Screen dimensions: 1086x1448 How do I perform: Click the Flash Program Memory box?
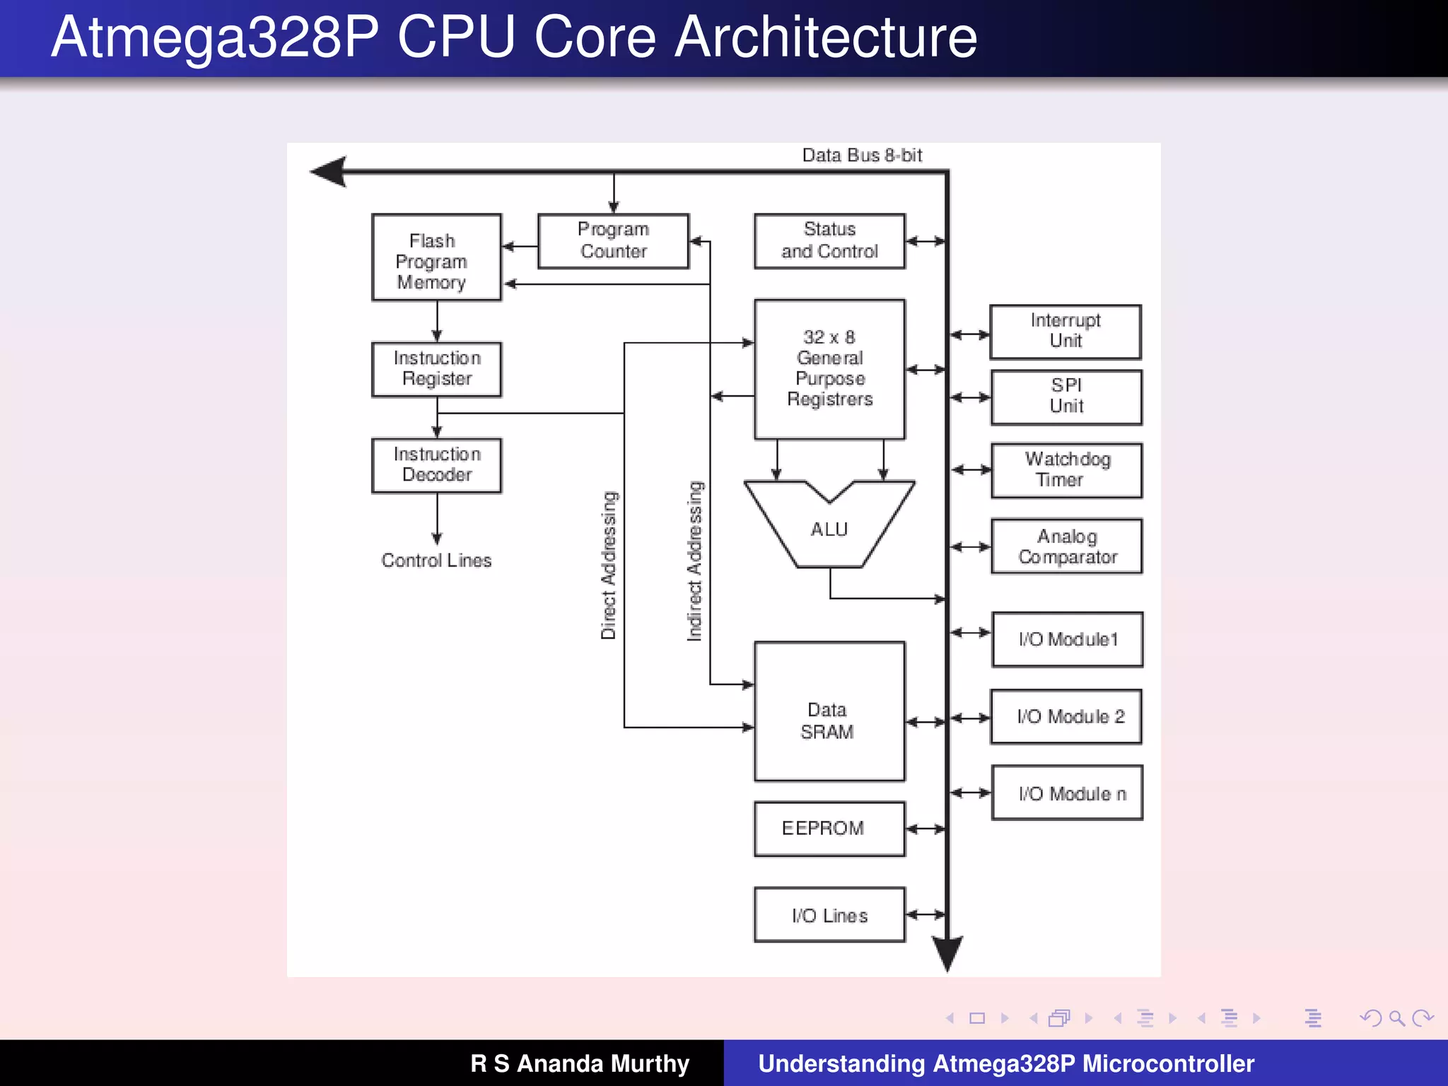[x=436, y=258]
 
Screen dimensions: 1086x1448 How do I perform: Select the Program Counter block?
[x=613, y=241]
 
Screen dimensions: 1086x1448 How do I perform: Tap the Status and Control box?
[x=829, y=241]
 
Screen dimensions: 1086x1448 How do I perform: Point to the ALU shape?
[x=829, y=529]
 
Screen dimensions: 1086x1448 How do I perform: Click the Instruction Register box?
[x=436, y=369]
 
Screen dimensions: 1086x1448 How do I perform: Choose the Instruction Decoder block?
[x=436, y=465]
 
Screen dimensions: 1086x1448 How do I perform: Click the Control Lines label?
[x=436, y=561]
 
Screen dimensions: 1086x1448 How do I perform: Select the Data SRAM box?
[x=829, y=711]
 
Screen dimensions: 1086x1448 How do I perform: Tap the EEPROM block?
[x=829, y=829]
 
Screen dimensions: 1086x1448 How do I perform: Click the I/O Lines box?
[x=829, y=915]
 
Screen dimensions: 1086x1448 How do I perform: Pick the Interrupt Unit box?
[x=1065, y=332]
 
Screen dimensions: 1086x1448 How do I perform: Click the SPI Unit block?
[x=1066, y=397]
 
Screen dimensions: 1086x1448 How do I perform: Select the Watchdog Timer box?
[x=1066, y=470]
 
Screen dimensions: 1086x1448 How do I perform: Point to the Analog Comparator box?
[x=1066, y=547]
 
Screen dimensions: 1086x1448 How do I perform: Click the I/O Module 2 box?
[x=1066, y=717]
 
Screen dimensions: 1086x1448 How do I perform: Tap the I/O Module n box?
[x=1067, y=793]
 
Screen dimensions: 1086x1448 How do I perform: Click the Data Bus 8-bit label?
[x=862, y=156]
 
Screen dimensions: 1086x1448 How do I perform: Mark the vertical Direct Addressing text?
[x=609, y=566]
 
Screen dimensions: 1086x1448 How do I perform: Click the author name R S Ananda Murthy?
[x=580, y=1063]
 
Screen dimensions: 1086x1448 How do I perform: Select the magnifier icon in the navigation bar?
[x=1396, y=1018]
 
